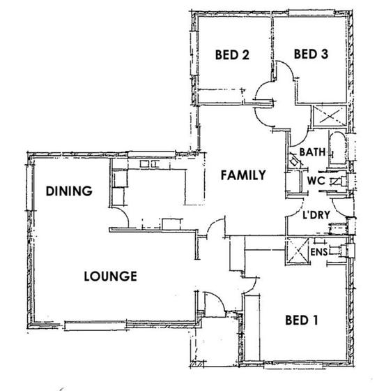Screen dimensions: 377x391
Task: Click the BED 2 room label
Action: (232, 54)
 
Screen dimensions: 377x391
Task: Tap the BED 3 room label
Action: (311, 54)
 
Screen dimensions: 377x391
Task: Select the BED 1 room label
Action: (301, 320)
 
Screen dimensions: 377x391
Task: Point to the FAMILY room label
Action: (243, 175)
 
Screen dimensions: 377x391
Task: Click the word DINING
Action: (69, 191)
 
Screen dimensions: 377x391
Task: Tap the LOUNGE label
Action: (111, 276)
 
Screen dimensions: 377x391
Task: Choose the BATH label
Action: (312, 152)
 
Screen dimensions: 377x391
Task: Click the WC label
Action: (316, 181)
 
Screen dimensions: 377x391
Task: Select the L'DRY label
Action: (316, 215)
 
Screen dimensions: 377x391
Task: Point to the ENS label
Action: (319, 252)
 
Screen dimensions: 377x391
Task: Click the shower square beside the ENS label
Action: (298, 251)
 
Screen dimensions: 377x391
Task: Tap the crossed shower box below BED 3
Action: (330, 116)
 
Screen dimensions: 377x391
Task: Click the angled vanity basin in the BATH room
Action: (295, 161)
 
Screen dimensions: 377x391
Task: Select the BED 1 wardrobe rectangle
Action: (252, 328)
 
